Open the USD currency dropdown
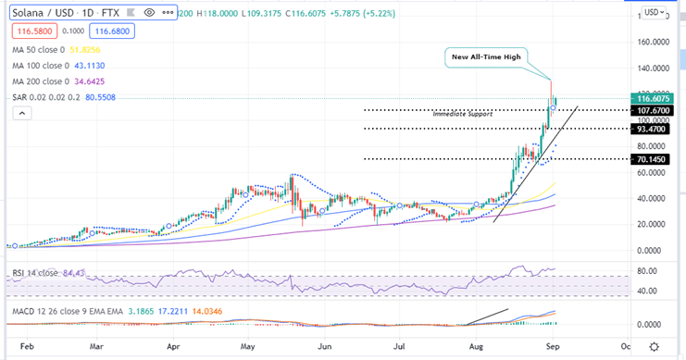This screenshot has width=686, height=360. (655, 12)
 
